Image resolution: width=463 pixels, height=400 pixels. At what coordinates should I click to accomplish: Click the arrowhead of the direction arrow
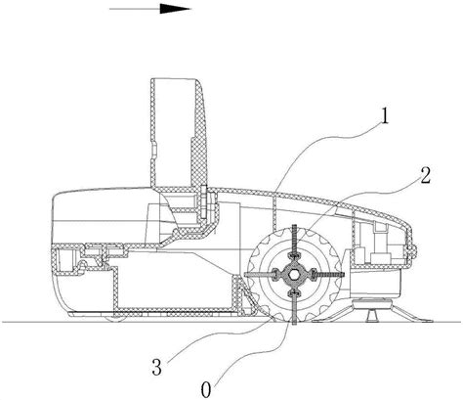coord(175,9)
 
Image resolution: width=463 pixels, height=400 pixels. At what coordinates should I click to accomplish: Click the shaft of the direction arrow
coord(135,9)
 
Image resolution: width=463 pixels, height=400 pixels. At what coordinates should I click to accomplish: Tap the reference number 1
coord(385,116)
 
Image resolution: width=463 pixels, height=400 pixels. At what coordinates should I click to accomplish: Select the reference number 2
coord(425,176)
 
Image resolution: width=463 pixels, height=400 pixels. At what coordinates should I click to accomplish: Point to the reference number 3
coord(156,368)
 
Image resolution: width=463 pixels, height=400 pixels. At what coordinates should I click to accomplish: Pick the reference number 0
coord(206,389)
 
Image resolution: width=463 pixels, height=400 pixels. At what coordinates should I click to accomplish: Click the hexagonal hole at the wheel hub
coord(294,275)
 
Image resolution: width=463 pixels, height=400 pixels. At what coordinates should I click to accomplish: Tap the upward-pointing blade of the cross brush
coord(295,241)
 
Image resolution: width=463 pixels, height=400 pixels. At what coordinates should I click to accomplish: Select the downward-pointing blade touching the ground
coord(295,307)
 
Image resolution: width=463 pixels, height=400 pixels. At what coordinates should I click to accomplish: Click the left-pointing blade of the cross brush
coord(260,275)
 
